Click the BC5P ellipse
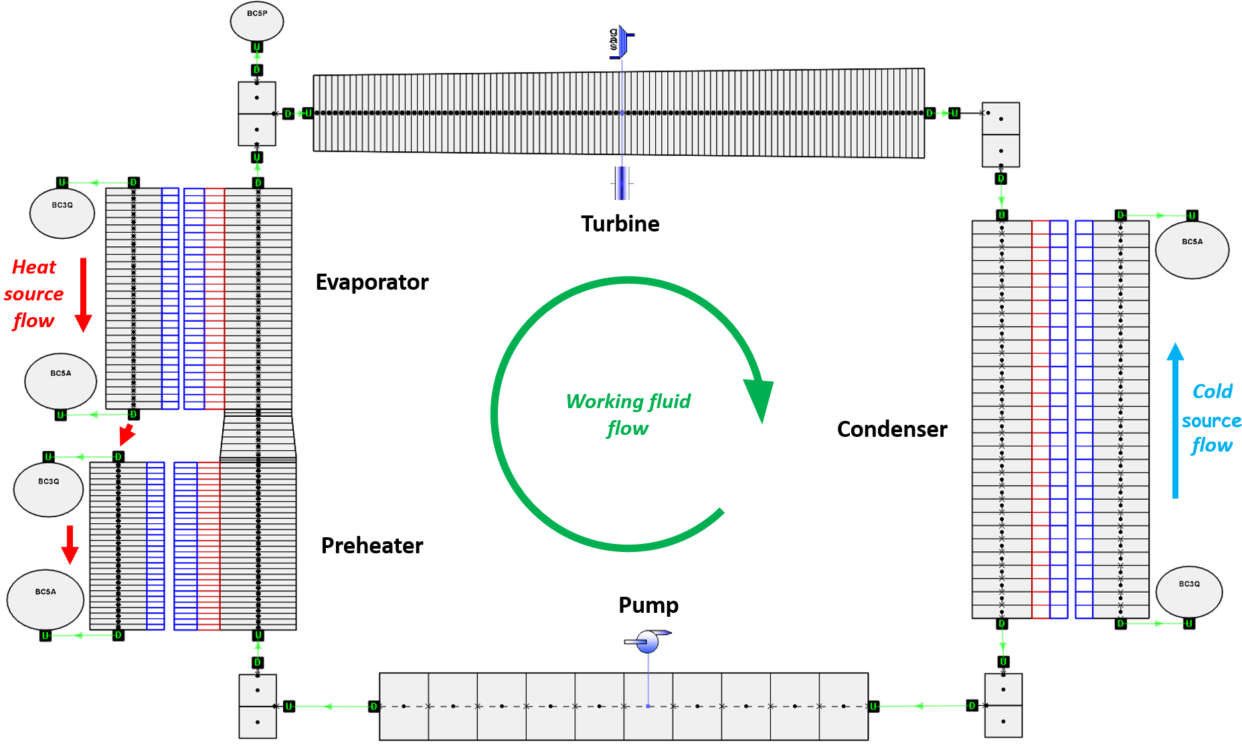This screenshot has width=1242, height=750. coord(257,21)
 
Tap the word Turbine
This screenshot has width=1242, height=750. coord(620,223)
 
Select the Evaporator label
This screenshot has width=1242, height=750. coord(371,282)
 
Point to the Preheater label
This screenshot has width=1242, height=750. coord(372,546)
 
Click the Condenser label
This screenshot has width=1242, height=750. coord(892,429)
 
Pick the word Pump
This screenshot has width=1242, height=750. coord(648,605)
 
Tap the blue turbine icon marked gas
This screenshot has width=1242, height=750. coord(622,41)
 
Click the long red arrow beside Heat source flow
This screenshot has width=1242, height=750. coord(83,294)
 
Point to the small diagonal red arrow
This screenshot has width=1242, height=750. coord(126,434)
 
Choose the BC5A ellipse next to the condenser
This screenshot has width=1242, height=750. coord(1192,249)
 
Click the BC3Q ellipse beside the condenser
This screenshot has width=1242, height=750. coord(1189,591)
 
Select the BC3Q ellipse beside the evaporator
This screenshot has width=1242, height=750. coord(62,213)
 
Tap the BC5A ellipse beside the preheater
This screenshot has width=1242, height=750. coord(46,599)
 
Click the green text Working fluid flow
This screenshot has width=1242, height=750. coord(628,414)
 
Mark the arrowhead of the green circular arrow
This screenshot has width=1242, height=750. coord(760,399)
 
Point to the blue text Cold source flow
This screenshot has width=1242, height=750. coord(1211,419)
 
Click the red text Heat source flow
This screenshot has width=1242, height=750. coord(33,294)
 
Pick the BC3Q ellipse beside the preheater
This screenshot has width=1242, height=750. coord(49,489)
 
